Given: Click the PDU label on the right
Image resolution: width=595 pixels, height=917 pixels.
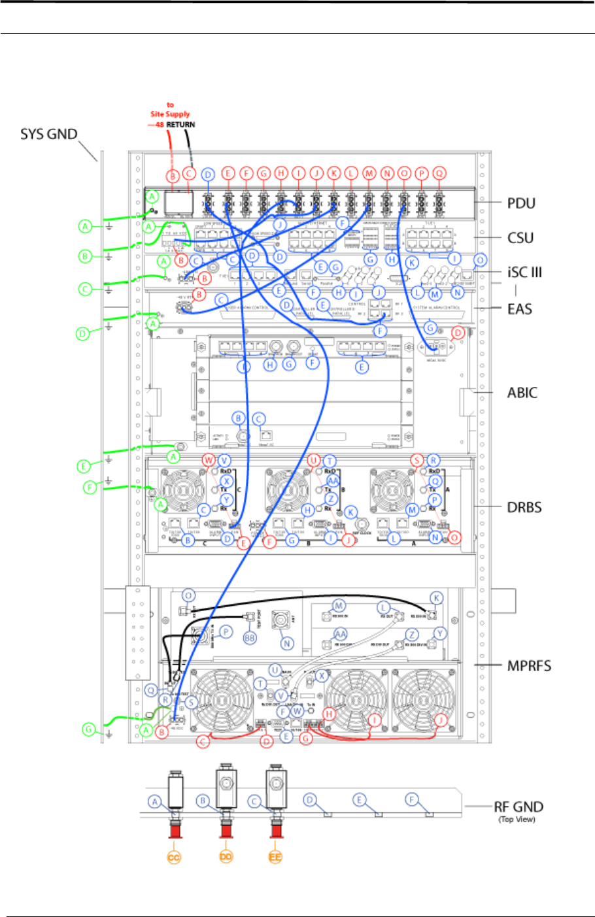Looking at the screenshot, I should click(x=521, y=203).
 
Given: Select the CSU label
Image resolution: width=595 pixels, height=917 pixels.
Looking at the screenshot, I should click(x=520, y=237).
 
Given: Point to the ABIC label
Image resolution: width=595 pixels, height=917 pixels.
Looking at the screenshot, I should click(x=522, y=393).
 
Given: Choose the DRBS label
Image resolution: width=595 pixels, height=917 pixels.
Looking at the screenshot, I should click(x=524, y=507).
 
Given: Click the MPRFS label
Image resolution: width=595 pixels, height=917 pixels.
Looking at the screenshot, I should click(x=529, y=666).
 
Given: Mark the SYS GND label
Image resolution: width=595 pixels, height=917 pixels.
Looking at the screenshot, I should click(x=49, y=135).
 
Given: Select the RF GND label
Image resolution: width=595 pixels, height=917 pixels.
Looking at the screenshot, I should click(x=518, y=807).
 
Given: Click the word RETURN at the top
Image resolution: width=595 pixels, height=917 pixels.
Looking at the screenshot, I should click(x=180, y=124).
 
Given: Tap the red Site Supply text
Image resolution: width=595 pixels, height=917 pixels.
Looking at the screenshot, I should click(x=170, y=114).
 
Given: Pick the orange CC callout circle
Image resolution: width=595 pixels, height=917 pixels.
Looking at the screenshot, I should click(x=174, y=858).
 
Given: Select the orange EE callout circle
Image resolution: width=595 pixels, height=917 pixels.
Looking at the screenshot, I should click(x=275, y=858).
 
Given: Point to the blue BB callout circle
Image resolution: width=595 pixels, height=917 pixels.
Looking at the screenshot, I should click(x=250, y=637).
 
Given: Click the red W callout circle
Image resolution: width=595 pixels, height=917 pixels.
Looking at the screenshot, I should click(x=209, y=460).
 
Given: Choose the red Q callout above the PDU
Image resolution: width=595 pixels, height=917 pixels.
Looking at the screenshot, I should click(x=439, y=173).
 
